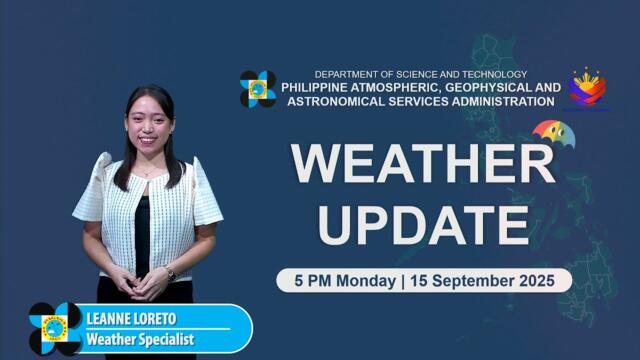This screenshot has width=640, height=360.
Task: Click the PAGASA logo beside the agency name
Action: tap(258, 89)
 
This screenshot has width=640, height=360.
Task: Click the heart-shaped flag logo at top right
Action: tap(587, 88)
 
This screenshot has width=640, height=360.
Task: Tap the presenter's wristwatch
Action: tap(170, 272)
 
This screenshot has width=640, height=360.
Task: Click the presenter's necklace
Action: tap(147, 171)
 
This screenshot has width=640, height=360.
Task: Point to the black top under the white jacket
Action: tap(143, 230)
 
